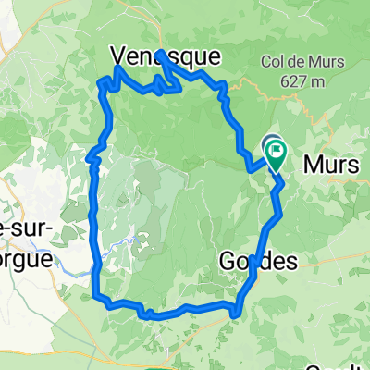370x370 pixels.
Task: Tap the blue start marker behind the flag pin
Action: [271, 143]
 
